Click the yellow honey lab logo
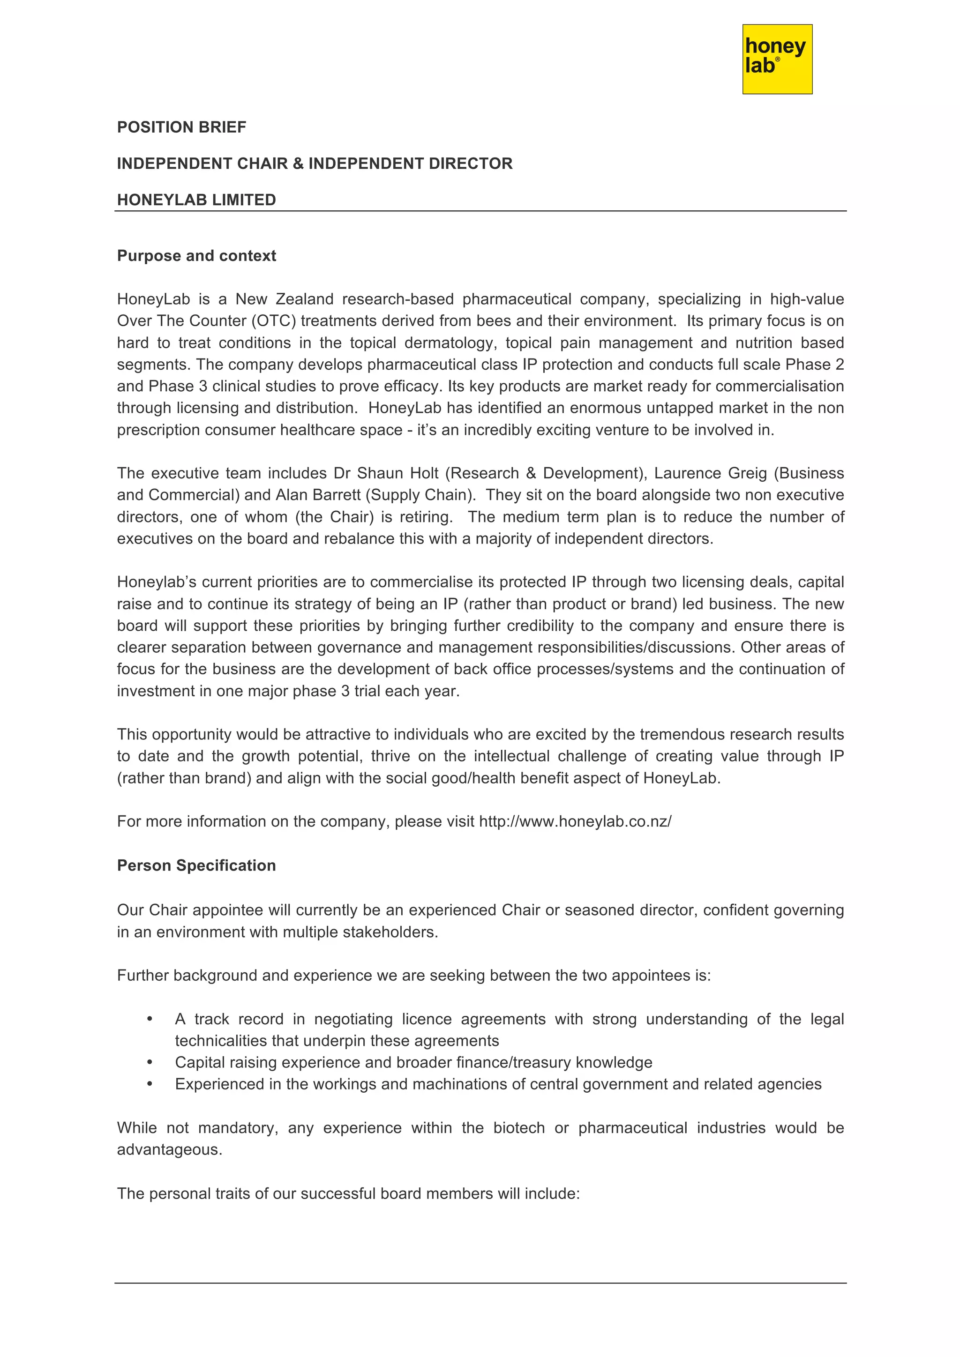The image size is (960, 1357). tap(777, 59)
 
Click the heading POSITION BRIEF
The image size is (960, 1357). tap(181, 127)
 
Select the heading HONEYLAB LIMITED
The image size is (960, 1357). tap(196, 200)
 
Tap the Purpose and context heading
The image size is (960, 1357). tap(196, 255)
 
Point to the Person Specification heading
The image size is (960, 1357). tap(196, 865)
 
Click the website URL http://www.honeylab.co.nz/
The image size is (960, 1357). tap(575, 821)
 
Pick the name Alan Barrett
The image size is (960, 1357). tap(318, 495)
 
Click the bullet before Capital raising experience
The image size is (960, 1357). tap(150, 1063)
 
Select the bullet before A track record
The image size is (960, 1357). tap(150, 1019)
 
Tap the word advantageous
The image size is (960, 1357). tap(169, 1149)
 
